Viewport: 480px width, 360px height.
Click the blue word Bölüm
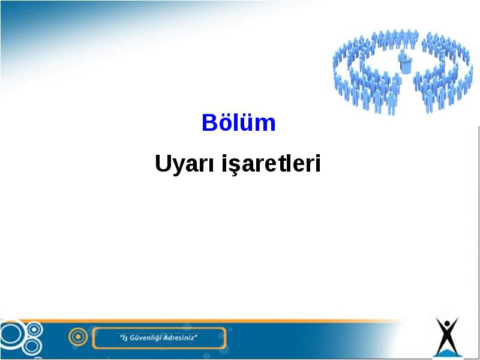coord(238,122)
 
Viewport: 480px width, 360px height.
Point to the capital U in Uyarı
coord(162,163)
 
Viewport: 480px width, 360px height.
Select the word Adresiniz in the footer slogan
coord(179,338)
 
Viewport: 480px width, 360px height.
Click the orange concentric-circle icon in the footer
coord(78,337)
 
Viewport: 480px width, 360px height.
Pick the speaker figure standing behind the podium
coord(403,55)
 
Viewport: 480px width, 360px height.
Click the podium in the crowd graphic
coord(406,66)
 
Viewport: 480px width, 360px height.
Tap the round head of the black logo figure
coord(447,324)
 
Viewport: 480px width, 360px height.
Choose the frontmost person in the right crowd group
coord(430,101)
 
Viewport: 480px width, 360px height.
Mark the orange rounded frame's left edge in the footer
coord(93,338)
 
